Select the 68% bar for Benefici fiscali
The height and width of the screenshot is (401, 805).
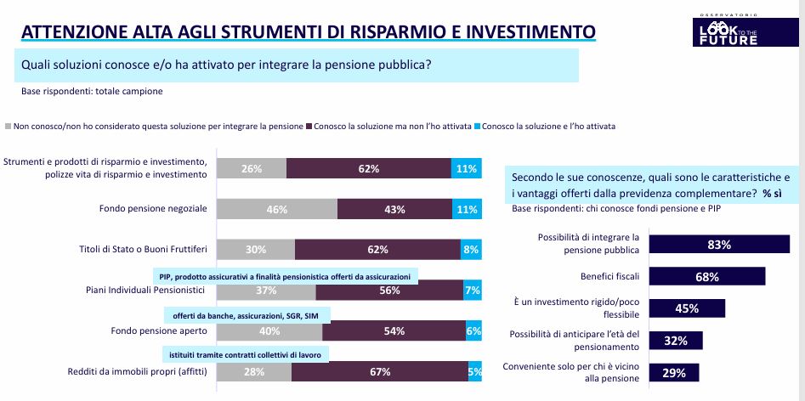(x=707, y=276)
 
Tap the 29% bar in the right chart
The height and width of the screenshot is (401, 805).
(x=674, y=373)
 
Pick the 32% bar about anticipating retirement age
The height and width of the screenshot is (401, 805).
(x=677, y=341)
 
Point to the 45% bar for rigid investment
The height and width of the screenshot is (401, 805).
(x=688, y=308)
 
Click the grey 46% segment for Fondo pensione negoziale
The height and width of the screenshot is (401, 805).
(x=277, y=209)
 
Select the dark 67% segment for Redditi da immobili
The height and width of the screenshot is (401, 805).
(x=379, y=371)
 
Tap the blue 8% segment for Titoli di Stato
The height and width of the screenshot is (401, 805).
(x=470, y=250)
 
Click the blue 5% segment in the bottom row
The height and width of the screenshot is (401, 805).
(x=475, y=371)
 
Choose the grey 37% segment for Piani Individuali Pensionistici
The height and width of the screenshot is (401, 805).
(x=266, y=291)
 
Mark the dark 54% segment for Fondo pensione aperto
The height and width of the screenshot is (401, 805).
(x=394, y=331)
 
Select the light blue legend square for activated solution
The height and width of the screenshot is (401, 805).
(x=478, y=126)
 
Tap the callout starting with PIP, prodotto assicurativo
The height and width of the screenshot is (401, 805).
(x=285, y=277)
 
